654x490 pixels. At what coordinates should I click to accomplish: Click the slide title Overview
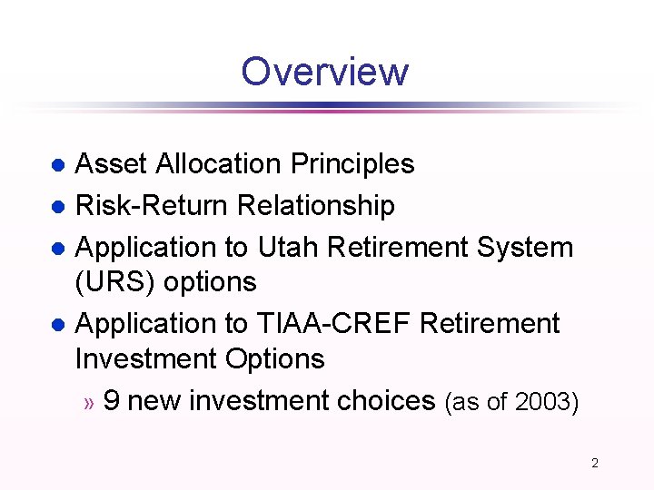325,72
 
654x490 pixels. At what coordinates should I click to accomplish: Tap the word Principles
352,164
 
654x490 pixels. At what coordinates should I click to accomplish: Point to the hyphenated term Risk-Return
152,206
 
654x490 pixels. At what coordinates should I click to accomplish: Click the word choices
386,400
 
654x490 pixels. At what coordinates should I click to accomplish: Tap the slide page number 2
595,463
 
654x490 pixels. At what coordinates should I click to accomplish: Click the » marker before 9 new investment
88,402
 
